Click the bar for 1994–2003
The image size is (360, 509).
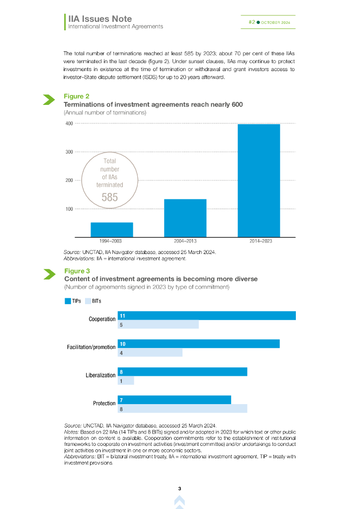pyautogui.click(x=111, y=230)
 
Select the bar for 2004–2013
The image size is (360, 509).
pyautogui.click(x=185, y=218)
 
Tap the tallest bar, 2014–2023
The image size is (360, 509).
pyautogui.click(x=259, y=180)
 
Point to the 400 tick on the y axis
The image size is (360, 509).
pyautogui.click(x=69, y=123)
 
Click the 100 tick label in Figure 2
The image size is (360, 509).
pyautogui.click(x=69, y=209)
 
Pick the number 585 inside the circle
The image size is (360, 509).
pyautogui.click(x=109, y=197)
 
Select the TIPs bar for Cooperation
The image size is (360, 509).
pyautogui.click(x=206, y=316)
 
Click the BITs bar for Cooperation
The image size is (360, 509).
pyautogui.click(x=158, y=325)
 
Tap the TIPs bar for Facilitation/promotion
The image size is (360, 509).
pyautogui.click(x=198, y=343)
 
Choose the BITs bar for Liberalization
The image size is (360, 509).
pyautogui.click(x=126, y=381)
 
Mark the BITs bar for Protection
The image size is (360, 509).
pyautogui.click(x=182, y=409)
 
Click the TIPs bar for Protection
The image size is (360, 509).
pyautogui.click(x=174, y=400)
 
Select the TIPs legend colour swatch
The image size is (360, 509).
pyautogui.click(x=68, y=301)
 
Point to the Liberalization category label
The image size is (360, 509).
pyautogui.click(x=100, y=375)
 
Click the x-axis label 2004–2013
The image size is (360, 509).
pyautogui.click(x=185, y=241)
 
